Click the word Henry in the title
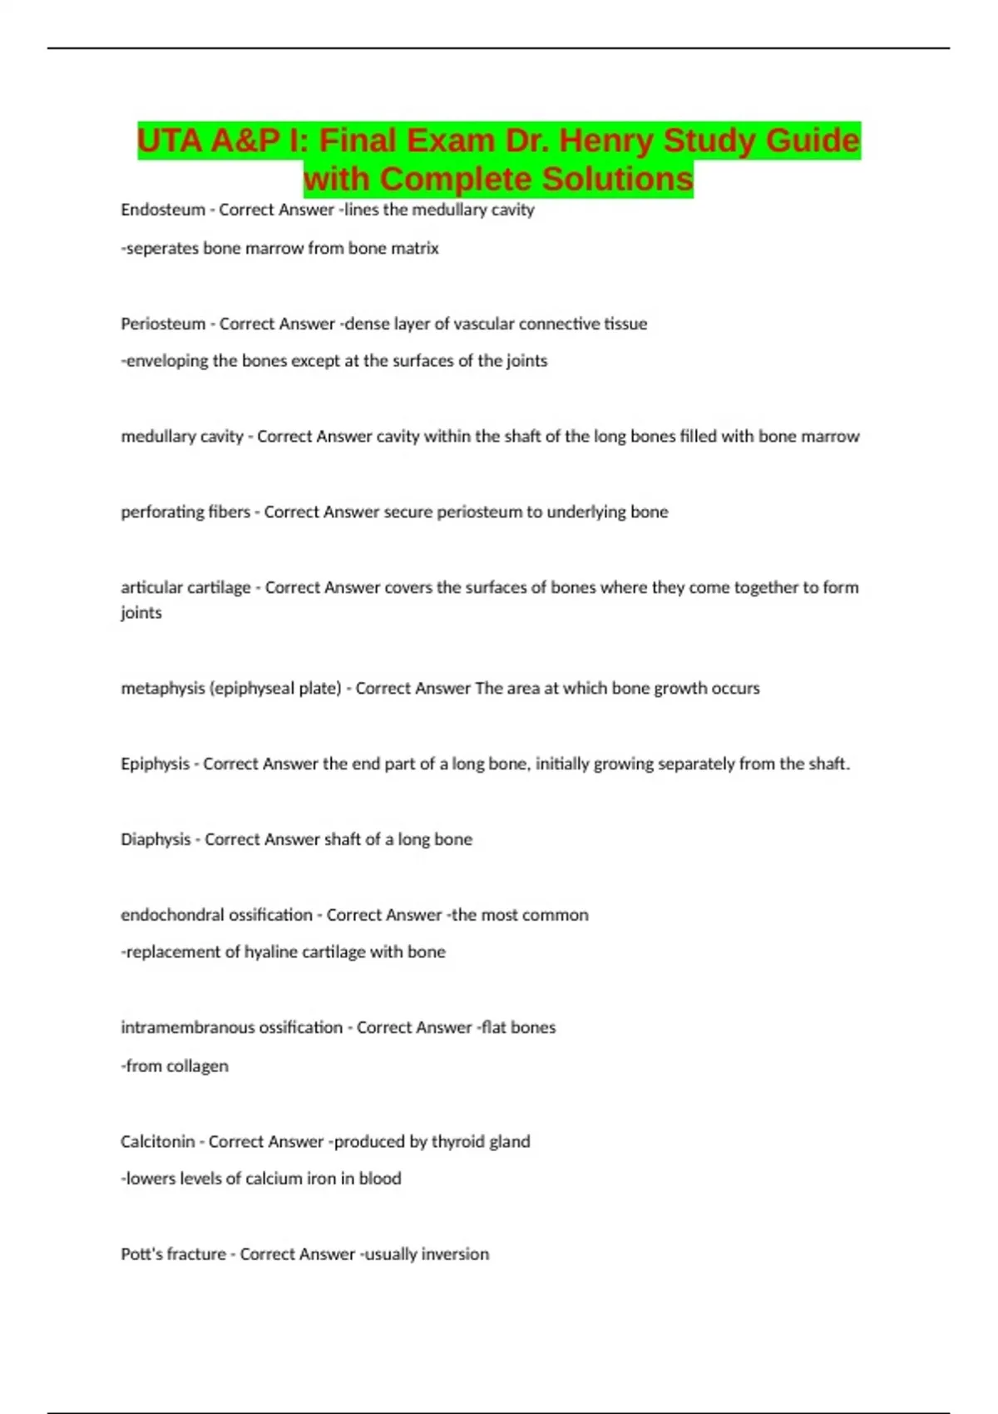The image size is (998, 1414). pos(605,141)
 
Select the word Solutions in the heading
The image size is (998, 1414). pos(618,179)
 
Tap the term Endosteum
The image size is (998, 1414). pos(163,210)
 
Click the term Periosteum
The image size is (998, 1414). pos(163,324)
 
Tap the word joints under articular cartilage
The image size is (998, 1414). pos(141,613)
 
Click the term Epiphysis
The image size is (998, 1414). pos(155,764)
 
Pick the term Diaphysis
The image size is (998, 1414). pos(156,839)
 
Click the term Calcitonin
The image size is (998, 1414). pos(158,1141)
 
